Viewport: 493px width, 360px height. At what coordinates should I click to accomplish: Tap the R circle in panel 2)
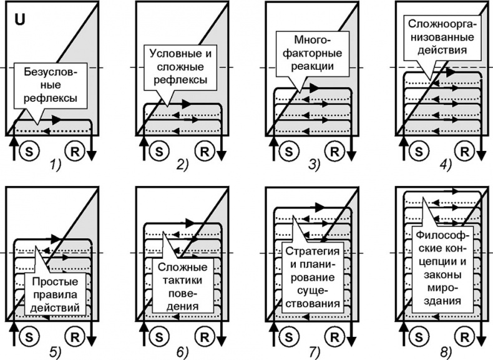(205, 150)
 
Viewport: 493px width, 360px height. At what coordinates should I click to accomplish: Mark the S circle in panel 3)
(288, 150)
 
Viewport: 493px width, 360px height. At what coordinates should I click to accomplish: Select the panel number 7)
(311, 352)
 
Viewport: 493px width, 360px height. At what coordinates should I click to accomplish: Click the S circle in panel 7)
(288, 335)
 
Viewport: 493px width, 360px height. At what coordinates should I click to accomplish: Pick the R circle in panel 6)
(205, 335)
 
